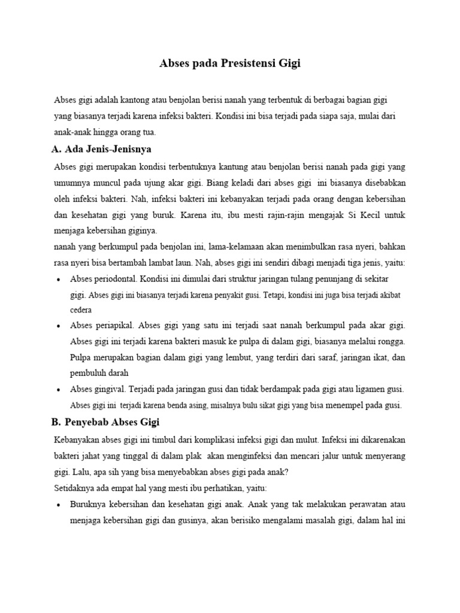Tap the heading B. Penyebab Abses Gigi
[106, 423]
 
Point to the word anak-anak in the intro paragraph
[72, 132]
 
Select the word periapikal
[113, 326]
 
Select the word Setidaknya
[75, 487]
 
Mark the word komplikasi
[231, 440]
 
